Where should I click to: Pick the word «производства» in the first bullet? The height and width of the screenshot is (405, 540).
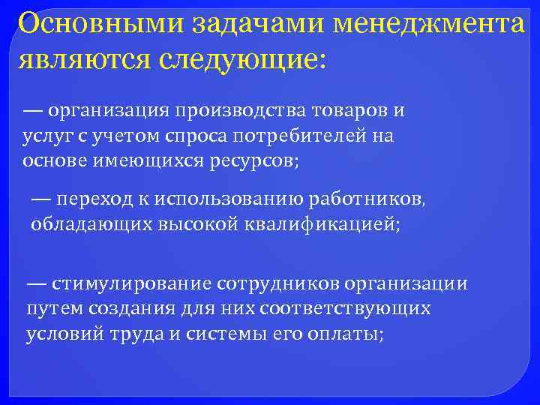coord(238,112)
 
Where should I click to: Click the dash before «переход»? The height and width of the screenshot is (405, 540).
coord(41,199)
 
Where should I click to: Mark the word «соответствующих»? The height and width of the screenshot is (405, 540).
coord(366,309)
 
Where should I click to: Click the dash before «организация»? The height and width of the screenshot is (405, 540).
coord(32,112)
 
